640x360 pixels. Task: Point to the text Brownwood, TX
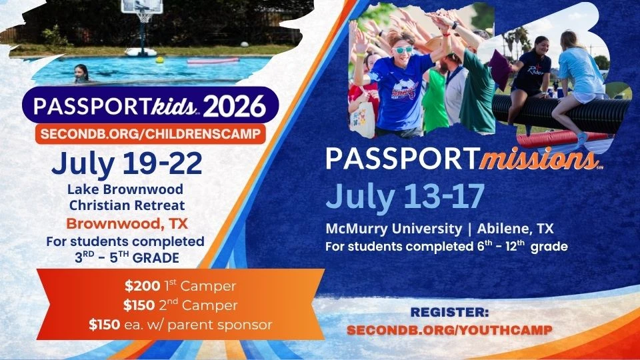(x=127, y=223)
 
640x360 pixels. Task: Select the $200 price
(x=139, y=287)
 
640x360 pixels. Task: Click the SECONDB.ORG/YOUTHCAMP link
(x=450, y=329)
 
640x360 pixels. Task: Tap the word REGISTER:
(x=450, y=311)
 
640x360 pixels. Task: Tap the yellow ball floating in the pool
(x=160, y=59)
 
